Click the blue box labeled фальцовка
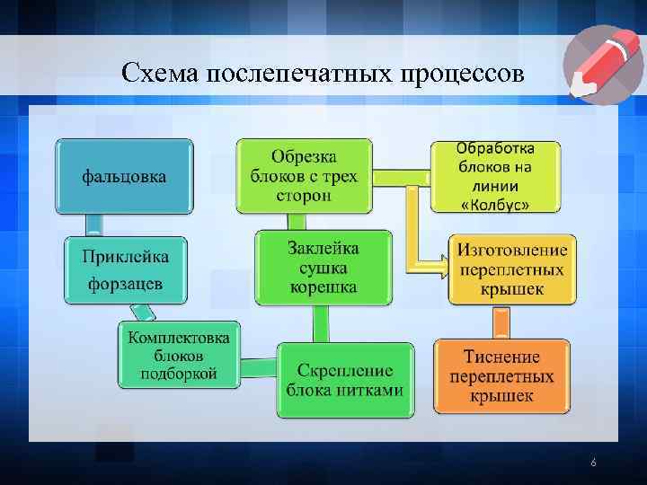[x=124, y=177]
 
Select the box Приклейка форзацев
[x=125, y=270]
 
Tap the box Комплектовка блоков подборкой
[x=179, y=356]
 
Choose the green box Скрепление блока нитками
[x=345, y=380]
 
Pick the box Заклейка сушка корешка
[x=323, y=268]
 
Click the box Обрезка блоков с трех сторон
[x=304, y=175]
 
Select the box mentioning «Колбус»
[x=494, y=176]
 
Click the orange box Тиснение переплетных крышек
[x=501, y=375]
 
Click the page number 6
[x=593, y=463]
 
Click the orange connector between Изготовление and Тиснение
[x=501, y=322]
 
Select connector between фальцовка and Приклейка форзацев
[x=93, y=225]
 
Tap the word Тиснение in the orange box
[x=501, y=357]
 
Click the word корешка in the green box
[x=323, y=287]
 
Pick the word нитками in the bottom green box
[x=372, y=390]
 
